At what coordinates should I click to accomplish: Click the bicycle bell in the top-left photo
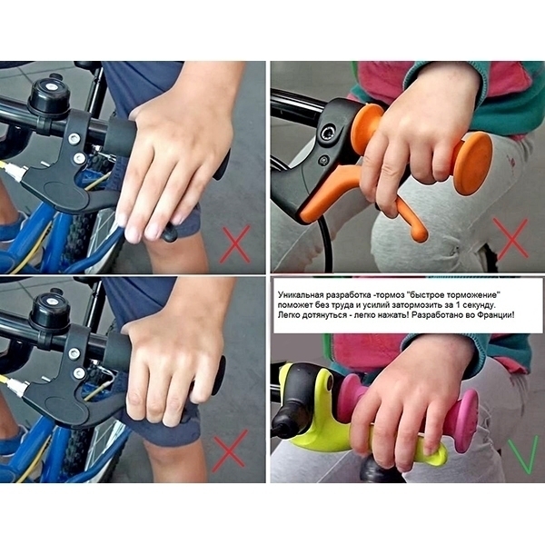pos(49,94)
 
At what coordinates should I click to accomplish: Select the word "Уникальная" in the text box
pos(301,294)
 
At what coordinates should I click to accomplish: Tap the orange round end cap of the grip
pos(472,163)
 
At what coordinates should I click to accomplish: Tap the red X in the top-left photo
pos(235,244)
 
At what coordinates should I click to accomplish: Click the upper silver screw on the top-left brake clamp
pos(74,139)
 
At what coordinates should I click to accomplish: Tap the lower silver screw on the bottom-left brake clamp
pos(79,373)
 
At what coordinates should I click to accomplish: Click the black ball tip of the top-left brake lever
pos(169,233)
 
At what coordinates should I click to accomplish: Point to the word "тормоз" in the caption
pos(391,295)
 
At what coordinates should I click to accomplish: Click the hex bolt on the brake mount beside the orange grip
pos(327,133)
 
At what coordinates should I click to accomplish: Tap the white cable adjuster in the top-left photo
pos(15,169)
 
